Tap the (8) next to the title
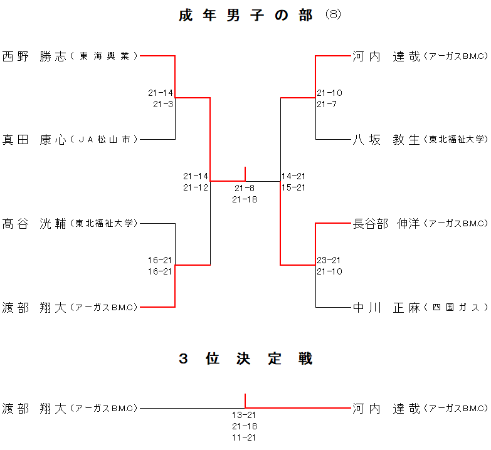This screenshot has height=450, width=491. pyautogui.click(x=333, y=15)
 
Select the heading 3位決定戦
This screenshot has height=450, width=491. pyautogui.click(x=245, y=359)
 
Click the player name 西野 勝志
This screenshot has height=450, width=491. pyautogui.click(x=34, y=56)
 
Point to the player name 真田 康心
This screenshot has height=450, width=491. pyautogui.click(x=34, y=139)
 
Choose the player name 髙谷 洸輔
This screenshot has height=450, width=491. pyautogui.click(x=34, y=223)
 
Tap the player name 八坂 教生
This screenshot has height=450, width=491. pyautogui.click(x=386, y=139)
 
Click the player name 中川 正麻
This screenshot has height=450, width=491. pyautogui.click(x=386, y=307)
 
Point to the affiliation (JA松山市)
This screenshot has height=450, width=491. pyautogui.click(x=104, y=140)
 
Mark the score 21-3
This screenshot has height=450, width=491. pyautogui.click(x=163, y=104)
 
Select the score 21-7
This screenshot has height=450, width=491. pyautogui.click(x=327, y=104)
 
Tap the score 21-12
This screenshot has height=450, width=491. pyautogui.click(x=196, y=187)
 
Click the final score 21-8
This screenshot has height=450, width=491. pyautogui.click(x=245, y=188)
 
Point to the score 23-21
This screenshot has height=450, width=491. pyautogui.click(x=329, y=260)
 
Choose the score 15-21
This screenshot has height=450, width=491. pyautogui.click(x=294, y=187)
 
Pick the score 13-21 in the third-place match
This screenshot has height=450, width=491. pyautogui.click(x=245, y=415)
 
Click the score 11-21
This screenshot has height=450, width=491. pyautogui.click(x=245, y=437)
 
